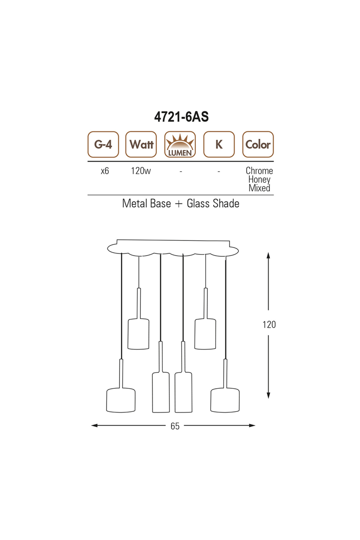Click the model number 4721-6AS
(x=181, y=117)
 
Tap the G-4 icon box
(x=103, y=144)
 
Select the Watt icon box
(x=141, y=144)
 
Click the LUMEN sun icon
(x=180, y=144)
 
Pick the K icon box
(x=219, y=144)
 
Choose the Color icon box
(x=258, y=144)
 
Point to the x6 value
(x=105, y=171)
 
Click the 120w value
(x=141, y=171)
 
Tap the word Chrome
(x=259, y=171)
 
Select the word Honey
(x=259, y=180)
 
